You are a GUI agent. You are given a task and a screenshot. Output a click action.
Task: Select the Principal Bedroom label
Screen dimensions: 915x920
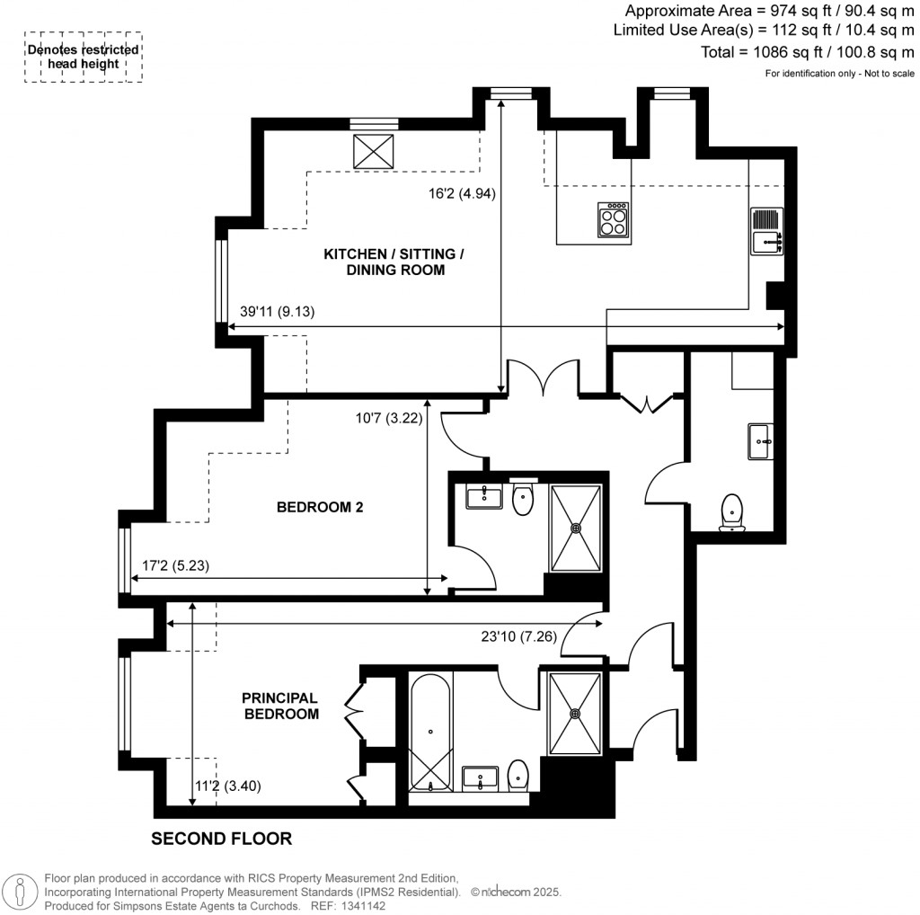(280, 706)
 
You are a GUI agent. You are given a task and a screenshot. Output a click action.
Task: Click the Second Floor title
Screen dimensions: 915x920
(221, 839)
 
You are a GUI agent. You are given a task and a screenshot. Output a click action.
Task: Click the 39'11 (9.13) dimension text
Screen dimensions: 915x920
(278, 312)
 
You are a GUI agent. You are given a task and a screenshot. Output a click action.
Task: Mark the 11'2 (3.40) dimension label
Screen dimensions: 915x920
(228, 785)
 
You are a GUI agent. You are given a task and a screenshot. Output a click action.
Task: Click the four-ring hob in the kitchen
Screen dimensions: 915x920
(614, 219)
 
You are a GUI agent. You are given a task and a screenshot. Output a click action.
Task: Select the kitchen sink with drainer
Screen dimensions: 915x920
(766, 231)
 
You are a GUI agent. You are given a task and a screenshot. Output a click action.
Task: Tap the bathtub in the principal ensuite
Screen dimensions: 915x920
(430, 733)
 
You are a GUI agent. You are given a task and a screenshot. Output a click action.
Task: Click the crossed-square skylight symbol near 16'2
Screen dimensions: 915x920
(368, 150)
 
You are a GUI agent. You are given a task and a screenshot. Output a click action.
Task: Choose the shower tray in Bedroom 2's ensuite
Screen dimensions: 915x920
(575, 528)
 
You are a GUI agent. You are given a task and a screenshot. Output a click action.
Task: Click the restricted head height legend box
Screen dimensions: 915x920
(83, 58)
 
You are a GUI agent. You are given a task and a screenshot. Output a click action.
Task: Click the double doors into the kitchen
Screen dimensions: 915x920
(544, 378)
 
